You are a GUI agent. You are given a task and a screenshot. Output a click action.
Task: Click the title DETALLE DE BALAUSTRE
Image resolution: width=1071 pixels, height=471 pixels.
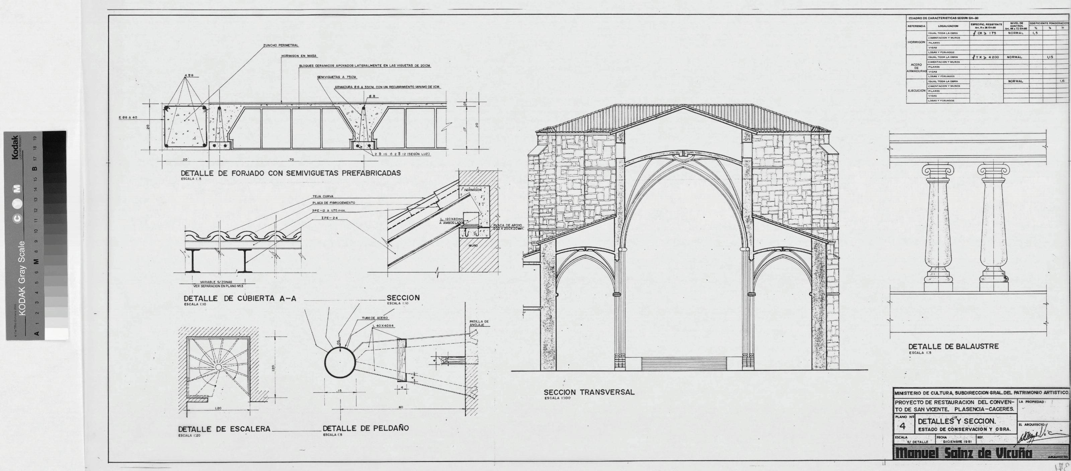(953, 346)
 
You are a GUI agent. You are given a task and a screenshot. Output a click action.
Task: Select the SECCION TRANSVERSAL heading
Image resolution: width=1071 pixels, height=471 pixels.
(589, 392)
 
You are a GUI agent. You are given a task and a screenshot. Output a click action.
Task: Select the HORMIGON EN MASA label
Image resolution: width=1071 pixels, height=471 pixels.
(299, 56)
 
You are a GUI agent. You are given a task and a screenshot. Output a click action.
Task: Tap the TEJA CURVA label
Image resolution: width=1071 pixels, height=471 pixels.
(323, 196)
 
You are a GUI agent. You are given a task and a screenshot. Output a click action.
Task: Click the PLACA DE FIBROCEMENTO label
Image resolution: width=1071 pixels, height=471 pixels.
(333, 203)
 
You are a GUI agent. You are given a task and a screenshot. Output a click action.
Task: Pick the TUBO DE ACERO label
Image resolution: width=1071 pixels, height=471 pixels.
(375, 318)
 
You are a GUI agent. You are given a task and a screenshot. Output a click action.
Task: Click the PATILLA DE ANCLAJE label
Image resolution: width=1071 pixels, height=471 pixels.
(479, 323)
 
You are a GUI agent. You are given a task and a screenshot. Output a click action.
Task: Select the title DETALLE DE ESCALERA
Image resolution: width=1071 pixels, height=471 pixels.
(224, 429)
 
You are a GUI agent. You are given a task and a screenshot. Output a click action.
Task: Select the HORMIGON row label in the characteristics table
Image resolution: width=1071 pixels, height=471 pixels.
(916, 42)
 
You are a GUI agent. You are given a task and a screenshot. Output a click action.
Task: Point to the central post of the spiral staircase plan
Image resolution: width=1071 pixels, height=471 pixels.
(218, 367)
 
